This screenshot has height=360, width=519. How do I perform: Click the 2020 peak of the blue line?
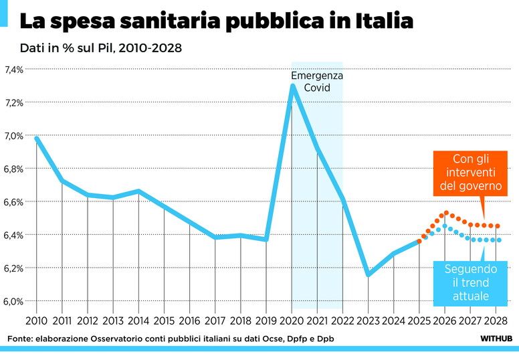coord(292,86)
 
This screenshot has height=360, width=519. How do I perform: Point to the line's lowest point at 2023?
coord(369,274)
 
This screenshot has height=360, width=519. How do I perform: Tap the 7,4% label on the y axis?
coord(14,70)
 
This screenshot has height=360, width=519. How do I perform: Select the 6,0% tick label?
coord(14,301)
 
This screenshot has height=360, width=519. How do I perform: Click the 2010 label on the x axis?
coord(36,321)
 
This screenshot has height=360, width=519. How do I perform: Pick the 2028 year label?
coord(496,321)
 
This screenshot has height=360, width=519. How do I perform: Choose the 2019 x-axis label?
coord(266,321)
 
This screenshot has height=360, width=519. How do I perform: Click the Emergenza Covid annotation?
coord(317,82)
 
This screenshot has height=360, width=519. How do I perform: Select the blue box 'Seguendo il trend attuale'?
coord(470,282)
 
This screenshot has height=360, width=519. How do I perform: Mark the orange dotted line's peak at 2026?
coord(445,213)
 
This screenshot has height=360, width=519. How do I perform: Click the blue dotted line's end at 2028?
coord(498,240)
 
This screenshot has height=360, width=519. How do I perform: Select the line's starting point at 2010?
coord(37,139)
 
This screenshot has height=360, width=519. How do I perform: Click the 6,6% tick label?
coord(14,202)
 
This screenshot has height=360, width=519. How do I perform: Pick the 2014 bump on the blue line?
coord(138,191)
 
